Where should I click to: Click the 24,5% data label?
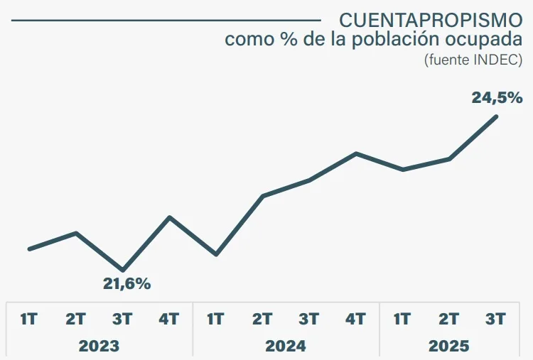[x=497, y=98]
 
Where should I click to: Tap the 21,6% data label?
[x=127, y=284]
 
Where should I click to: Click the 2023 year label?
[x=99, y=346]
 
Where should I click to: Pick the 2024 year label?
[x=286, y=346]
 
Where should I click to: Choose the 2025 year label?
[x=449, y=346]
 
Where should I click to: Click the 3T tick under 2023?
[x=122, y=320]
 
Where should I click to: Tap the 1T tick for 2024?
[x=215, y=320]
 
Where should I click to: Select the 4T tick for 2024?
[x=356, y=320]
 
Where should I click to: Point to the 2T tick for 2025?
[x=449, y=320]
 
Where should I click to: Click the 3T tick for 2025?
[x=496, y=320]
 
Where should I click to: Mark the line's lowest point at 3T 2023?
[x=123, y=271]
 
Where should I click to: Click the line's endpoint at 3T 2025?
[x=496, y=116]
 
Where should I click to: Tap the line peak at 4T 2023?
[x=170, y=217]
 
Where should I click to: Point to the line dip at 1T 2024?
[x=216, y=254]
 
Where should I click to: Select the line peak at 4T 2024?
[x=356, y=153]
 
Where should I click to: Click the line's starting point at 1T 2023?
[x=29, y=249]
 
